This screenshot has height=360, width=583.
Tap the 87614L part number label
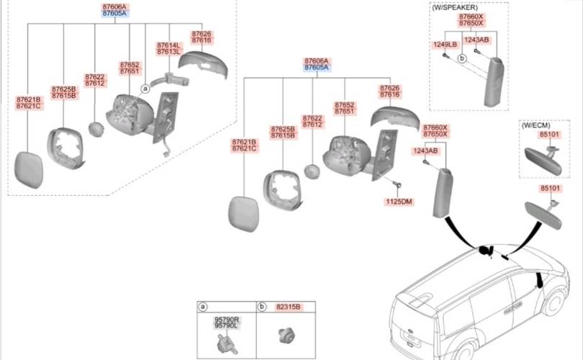[168, 45]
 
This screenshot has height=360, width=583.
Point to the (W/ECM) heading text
[535, 125]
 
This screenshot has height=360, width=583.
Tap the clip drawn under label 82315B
[283, 335]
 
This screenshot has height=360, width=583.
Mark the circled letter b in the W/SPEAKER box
[463, 58]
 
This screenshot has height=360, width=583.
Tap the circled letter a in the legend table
[203, 307]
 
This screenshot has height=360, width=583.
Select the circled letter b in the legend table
[262, 307]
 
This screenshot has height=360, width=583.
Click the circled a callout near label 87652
[145, 89]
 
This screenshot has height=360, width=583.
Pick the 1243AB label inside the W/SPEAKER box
[476, 40]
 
